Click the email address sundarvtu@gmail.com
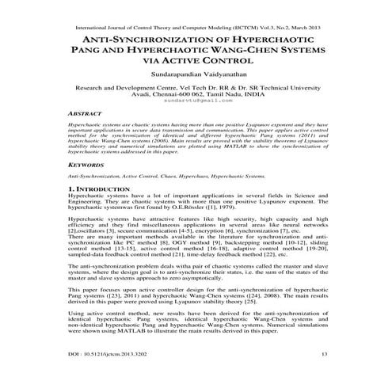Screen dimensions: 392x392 [196, 101]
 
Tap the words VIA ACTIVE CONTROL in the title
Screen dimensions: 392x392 [196, 62]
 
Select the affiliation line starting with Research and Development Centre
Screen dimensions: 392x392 [196, 90]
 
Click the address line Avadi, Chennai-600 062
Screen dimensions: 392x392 [196, 96]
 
